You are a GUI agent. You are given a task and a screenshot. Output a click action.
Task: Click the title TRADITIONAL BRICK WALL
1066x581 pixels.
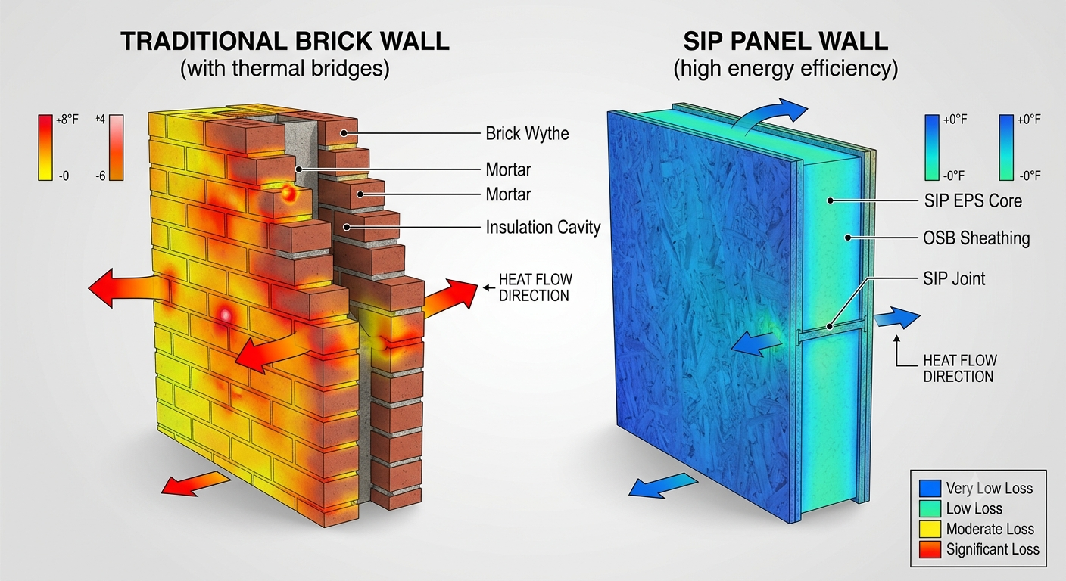285,41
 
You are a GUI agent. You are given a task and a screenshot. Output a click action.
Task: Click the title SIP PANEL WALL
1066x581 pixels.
786,42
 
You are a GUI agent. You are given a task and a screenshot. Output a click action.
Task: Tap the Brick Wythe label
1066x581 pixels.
527,134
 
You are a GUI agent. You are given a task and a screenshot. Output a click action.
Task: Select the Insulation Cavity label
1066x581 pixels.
543,227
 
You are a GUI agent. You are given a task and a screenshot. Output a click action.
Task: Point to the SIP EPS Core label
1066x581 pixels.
973,200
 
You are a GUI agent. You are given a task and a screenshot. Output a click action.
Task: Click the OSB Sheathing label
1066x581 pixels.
976,238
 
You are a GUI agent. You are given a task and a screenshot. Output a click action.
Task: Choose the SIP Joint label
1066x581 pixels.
954,278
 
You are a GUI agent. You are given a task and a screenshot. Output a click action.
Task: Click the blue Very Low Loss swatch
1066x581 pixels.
930,488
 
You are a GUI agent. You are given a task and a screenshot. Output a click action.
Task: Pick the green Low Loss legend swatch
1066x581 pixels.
930,508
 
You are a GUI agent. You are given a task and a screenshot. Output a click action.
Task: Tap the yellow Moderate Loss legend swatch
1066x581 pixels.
930,529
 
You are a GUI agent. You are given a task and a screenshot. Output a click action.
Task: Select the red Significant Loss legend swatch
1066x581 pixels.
930,550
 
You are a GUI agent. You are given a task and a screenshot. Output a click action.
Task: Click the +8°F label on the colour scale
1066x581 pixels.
67,120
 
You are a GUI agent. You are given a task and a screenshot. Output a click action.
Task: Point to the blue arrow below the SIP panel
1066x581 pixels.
663,485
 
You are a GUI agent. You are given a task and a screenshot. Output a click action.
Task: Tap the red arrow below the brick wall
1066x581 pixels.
196,484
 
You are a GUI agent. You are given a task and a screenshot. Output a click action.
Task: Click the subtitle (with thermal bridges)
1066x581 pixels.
285,69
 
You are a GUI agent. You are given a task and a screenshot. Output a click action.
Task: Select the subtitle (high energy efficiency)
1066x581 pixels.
786,69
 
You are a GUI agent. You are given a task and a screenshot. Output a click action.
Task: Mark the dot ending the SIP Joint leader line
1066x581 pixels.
830,327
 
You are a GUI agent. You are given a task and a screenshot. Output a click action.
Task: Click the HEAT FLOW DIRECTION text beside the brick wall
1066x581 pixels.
535,287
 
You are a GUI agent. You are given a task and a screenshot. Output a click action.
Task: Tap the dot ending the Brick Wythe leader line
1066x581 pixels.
344,134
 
